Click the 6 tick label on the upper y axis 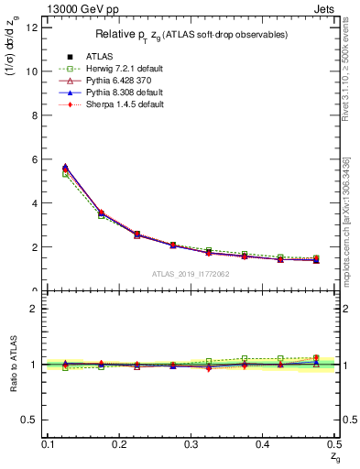33,159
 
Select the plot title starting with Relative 191,35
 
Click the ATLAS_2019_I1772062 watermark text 191,274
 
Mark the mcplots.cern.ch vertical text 347,220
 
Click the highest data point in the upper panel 65,168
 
